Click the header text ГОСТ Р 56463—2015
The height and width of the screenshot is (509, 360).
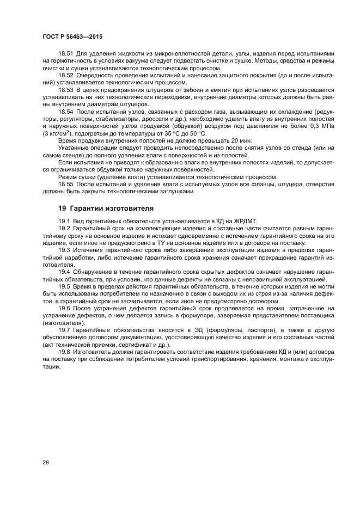point(72,36)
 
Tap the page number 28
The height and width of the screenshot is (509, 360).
point(46,462)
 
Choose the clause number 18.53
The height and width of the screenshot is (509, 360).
point(66,89)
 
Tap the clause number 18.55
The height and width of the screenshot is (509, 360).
point(66,185)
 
